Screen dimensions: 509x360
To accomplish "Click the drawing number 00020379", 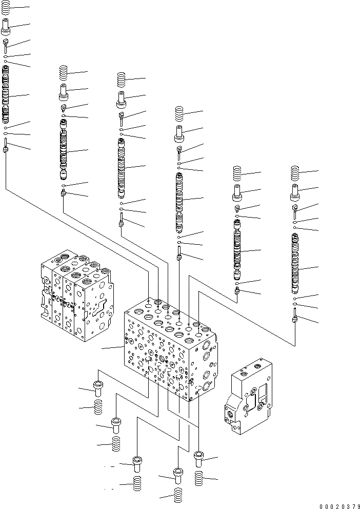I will click(x=333, y=505).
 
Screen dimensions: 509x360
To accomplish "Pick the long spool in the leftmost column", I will click(x=6, y=95).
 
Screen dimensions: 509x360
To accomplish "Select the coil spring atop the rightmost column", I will click(x=295, y=173).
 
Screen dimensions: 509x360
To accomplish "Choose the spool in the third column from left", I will click(x=121, y=168).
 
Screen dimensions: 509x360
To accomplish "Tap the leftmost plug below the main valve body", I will click(x=98, y=386).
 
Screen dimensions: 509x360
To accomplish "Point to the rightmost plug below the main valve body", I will click(x=199, y=458).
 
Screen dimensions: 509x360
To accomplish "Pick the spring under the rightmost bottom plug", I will click(x=199, y=478).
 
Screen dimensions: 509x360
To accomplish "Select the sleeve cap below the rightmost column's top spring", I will click(x=295, y=193).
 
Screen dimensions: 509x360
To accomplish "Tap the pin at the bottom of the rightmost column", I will click(x=295, y=316).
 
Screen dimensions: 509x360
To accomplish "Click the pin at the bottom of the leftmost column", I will click(x=6, y=146).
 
